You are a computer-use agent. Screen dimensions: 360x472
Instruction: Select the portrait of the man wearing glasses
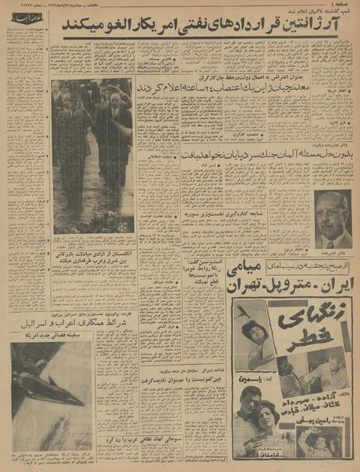332,218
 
